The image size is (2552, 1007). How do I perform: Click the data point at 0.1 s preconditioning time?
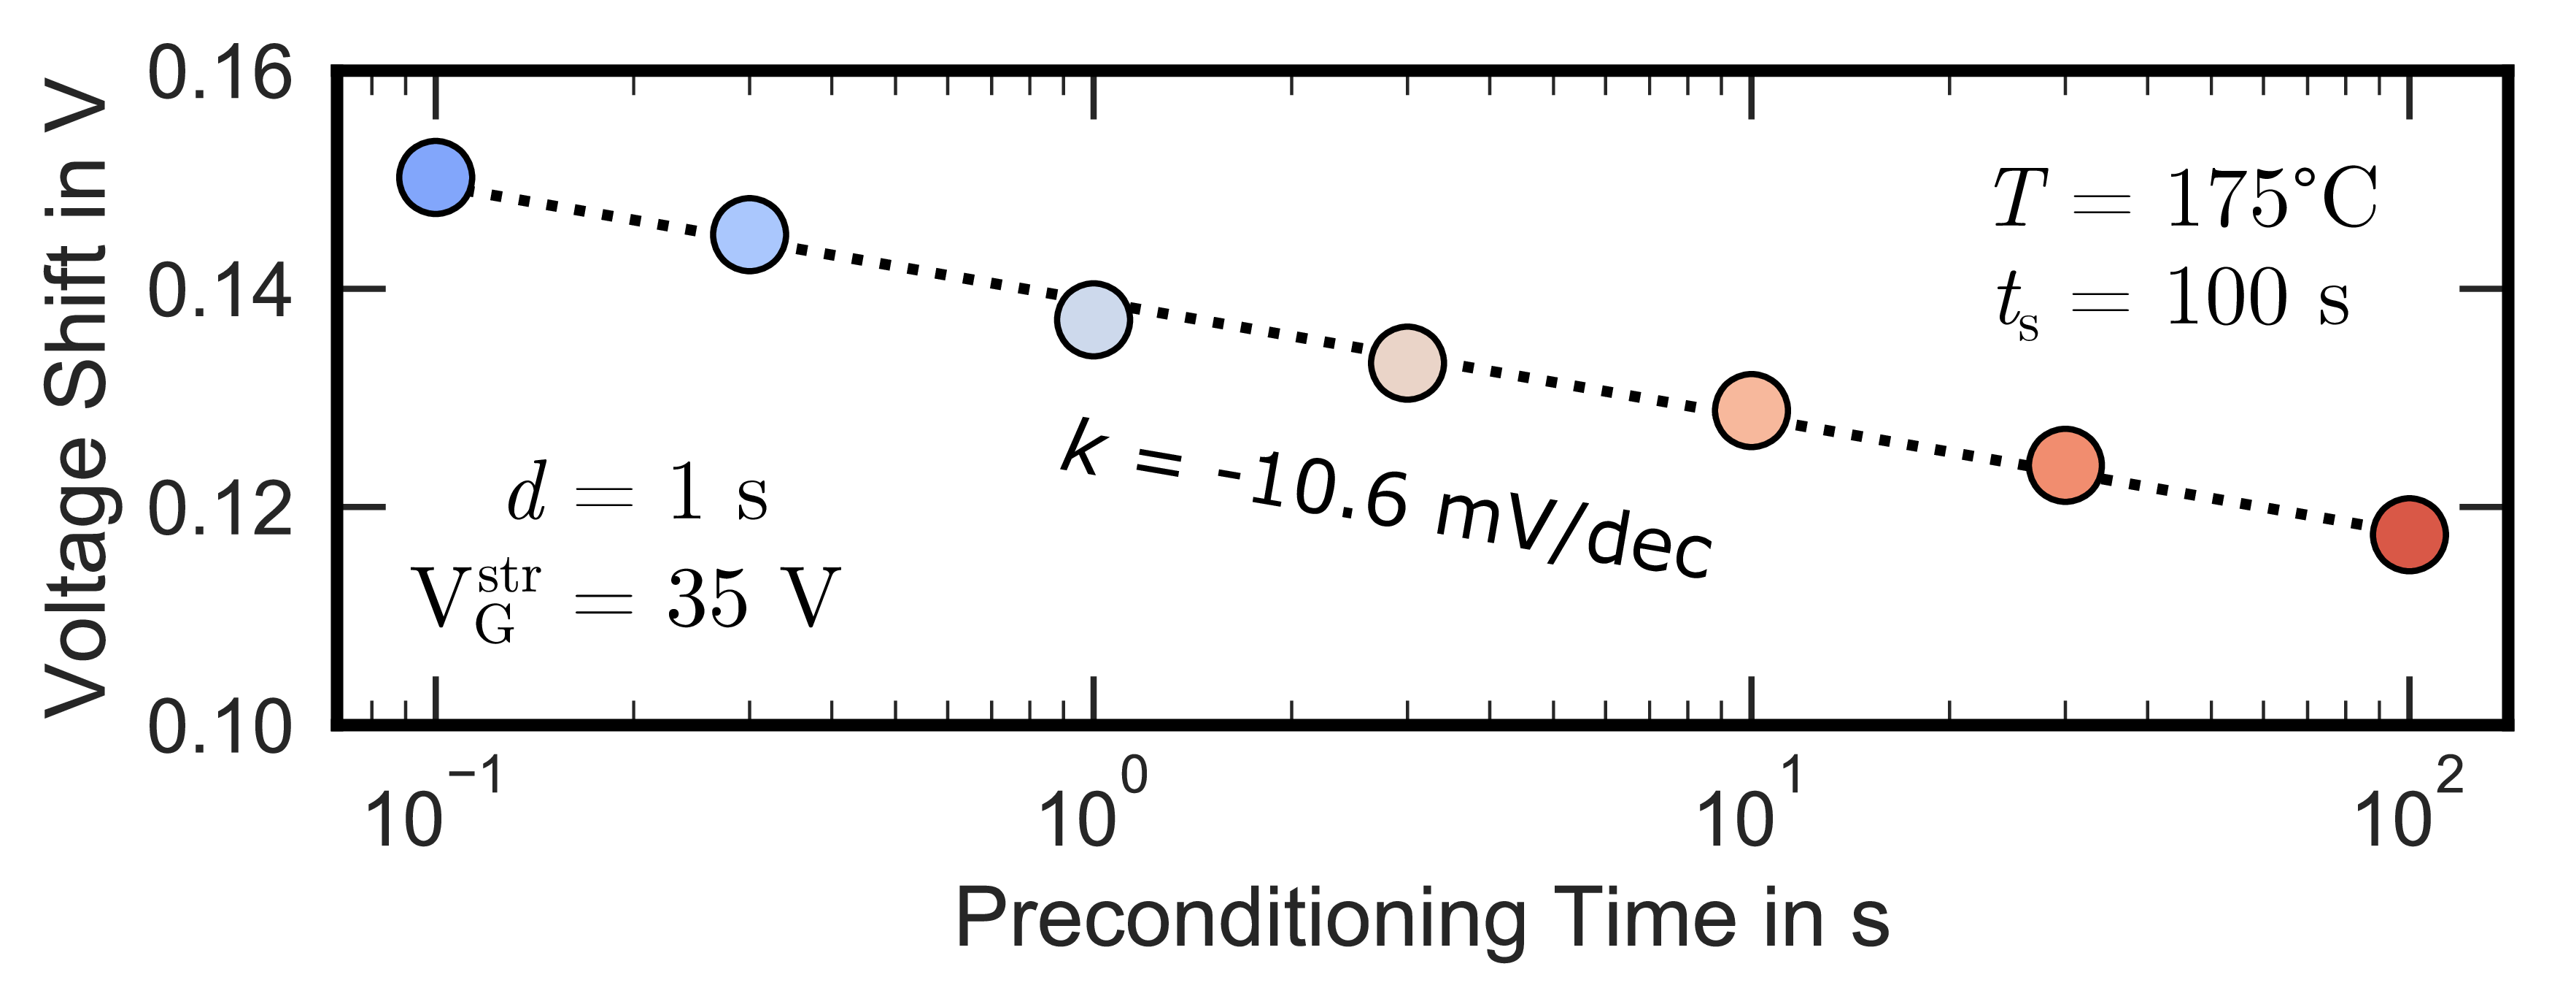click(x=435, y=177)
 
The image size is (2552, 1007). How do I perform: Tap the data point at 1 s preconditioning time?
click(x=1093, y=319)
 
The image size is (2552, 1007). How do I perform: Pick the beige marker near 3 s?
click(x=1407, y=363)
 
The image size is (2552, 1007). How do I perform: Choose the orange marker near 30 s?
click(x=2065, y=465)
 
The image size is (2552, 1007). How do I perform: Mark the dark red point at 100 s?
click(x=2408, y=535)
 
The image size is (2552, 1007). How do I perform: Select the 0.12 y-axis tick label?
click(x=220, y=511)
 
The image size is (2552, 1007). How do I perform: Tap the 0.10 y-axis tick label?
click(x=220, y=729)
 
